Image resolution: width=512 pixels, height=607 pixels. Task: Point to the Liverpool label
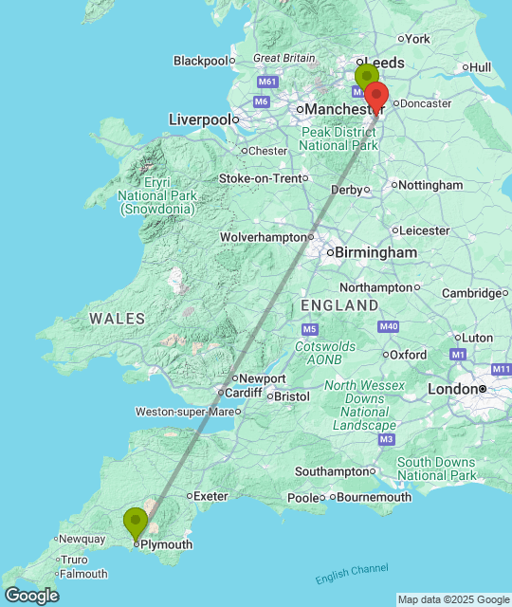[x=199, y=120]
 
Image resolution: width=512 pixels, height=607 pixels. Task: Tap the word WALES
[x=118, y=319]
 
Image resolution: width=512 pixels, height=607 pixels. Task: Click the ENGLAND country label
[x=338, y=305]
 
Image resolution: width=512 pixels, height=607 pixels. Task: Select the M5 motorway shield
[x=310, y=329]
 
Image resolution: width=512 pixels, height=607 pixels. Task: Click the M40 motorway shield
[x=387, y=327]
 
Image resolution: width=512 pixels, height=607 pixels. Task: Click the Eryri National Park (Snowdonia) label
[x=157, y=195]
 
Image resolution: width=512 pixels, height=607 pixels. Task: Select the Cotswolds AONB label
[x=325, y=354]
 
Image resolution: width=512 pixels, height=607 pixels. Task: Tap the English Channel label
[x=351, y=574]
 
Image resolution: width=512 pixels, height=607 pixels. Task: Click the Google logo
[x=30, y=596]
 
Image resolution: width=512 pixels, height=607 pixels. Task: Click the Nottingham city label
[x=430, y=185]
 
